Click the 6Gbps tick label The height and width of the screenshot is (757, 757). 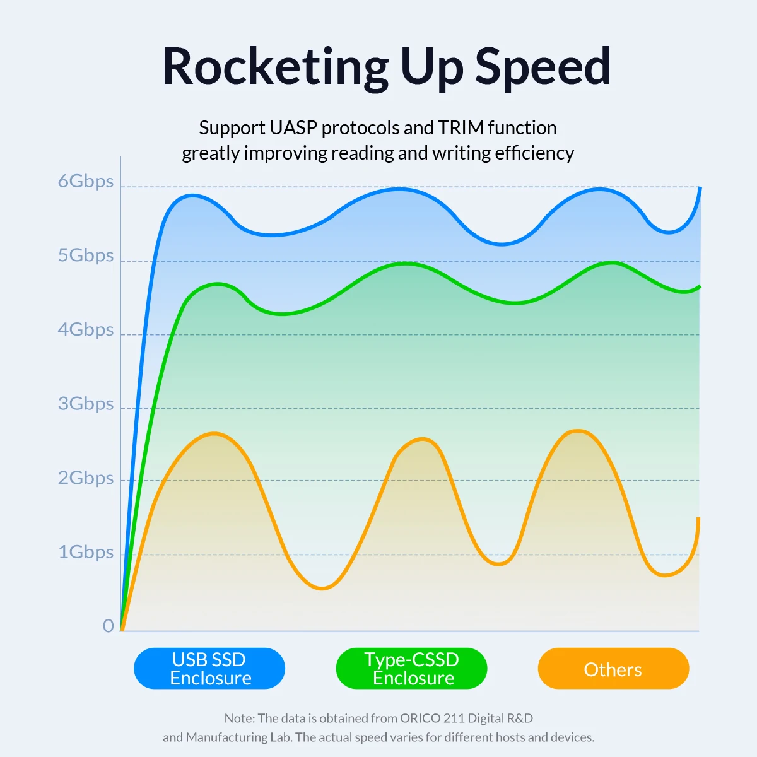pyautogui.click(x=86, y=182)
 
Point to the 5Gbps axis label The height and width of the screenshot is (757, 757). pyautogui.click(x=86, y=255)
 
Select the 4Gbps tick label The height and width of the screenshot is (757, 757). pyautogui.click(x=86, y=330)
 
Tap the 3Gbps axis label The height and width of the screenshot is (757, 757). pyautogui.click(x=86, y=404)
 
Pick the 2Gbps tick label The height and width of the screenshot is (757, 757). pyautogui.click(x=86, y=478)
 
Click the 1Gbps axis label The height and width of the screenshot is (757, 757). pyautogui.click(x=86, y=553)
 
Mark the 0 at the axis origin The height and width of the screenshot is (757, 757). pyautogui.click(x=109, y=626)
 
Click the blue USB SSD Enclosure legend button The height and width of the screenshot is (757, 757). pyautogui.click(x=209, y=669)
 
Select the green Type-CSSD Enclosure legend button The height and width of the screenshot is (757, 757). pyautogui.click(x=412, y=669)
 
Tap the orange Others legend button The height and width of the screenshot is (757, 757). pyautogui.click(x=613, y=669)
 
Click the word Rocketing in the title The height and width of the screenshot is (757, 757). pyautogui.click(x=276, y=67)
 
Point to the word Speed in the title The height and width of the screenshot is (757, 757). pyautogui.click(x=543, y=67)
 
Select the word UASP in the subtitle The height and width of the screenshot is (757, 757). pyautogui.click(x=293, y=128)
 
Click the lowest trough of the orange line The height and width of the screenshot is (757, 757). pyautogui.click(x=322, y=589)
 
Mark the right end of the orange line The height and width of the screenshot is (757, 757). pyautogui.click(x=699, y=519)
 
